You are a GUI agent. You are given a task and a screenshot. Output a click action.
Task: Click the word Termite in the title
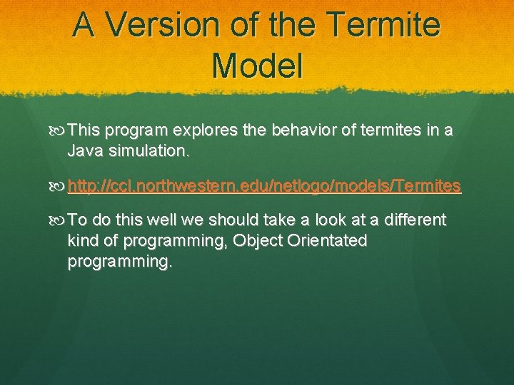point(386,26)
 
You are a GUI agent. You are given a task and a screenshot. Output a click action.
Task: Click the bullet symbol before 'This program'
point(59,131)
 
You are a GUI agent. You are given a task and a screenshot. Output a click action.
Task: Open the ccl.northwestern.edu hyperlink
point(264,187)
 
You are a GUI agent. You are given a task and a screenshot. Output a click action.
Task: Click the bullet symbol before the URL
point(59,187)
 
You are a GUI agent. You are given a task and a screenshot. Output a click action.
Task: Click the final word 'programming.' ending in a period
point(119,262)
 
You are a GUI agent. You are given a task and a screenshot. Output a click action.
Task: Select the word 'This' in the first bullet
point(85,131)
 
